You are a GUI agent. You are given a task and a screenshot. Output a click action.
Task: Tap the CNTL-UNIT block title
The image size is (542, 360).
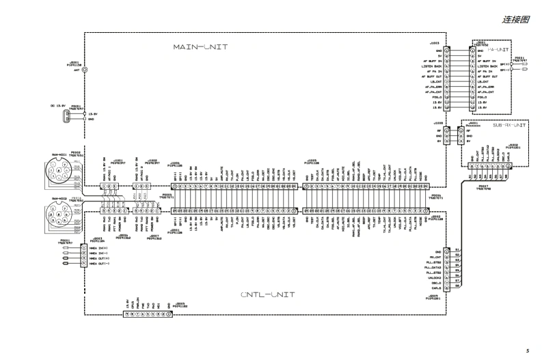(268, 294)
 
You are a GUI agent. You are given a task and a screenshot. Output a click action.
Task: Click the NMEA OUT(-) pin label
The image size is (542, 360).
(98, 263)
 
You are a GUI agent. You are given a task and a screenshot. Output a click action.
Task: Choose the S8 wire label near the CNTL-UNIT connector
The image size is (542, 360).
(458, 286)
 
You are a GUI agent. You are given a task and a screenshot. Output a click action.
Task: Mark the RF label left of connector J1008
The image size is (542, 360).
(439, 130)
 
